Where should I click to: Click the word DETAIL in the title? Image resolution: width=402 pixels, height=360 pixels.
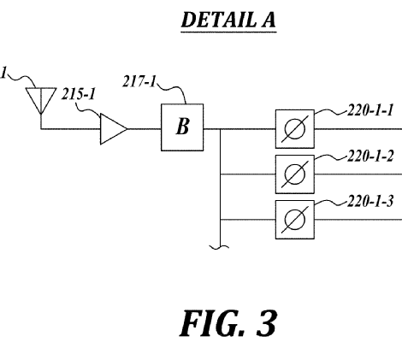219,20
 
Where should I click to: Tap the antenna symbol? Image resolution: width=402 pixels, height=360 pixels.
41,101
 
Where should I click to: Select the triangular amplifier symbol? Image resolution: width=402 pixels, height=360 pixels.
114,129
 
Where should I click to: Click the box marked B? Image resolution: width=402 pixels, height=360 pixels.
182,127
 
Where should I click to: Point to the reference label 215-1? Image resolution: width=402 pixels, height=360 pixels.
78,94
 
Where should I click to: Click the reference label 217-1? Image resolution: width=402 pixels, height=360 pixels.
139,81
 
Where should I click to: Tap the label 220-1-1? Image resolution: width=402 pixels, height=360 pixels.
370,110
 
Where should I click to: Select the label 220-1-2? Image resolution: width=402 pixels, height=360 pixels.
370,156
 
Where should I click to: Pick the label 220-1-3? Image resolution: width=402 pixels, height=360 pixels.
370,201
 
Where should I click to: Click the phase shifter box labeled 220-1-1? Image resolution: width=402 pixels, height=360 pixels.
295,129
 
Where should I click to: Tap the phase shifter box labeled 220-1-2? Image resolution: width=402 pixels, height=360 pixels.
295,174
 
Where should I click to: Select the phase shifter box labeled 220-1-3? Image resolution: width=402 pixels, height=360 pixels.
295,220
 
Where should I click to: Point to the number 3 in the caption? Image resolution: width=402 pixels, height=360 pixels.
267,323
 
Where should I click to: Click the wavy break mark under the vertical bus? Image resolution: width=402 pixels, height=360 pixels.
219,247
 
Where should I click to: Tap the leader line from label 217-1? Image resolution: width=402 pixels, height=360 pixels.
174,88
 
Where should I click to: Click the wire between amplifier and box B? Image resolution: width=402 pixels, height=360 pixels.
145,129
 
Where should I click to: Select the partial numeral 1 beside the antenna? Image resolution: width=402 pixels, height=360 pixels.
3,73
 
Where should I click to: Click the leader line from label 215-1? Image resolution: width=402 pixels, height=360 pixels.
88,109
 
